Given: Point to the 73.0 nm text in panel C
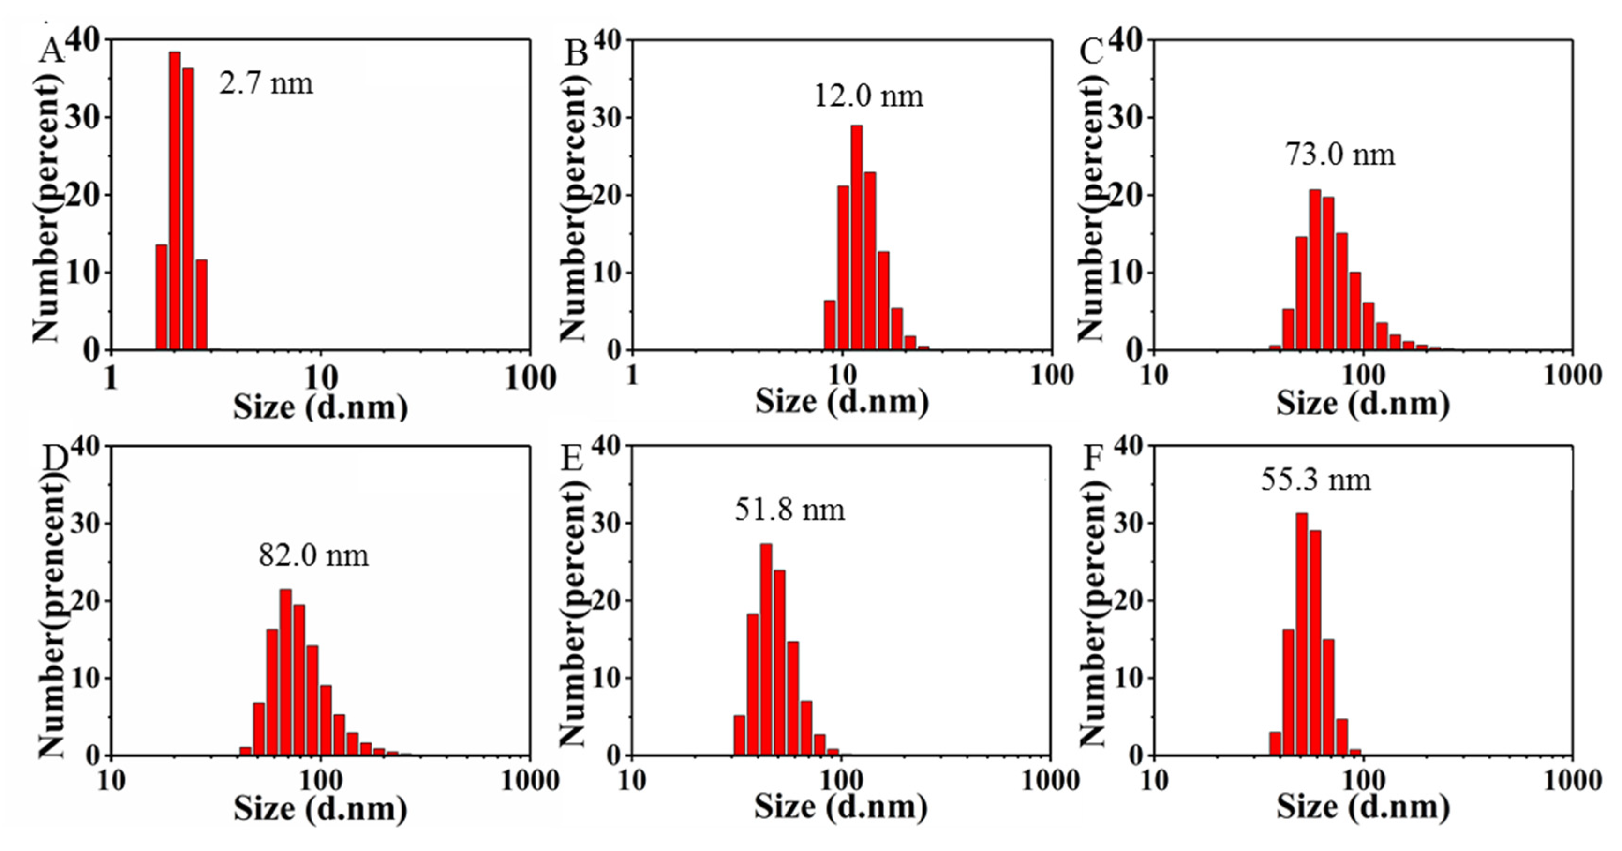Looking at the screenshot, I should pyautogui.click(x=1340, y=155).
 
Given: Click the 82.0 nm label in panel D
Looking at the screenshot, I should pyautogui.click(x=313, y=556).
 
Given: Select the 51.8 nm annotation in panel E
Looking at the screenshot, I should pyautogui.click(x=789, y=510).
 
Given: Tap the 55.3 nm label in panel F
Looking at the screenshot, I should pyautogui.click(x=1315, y=480).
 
